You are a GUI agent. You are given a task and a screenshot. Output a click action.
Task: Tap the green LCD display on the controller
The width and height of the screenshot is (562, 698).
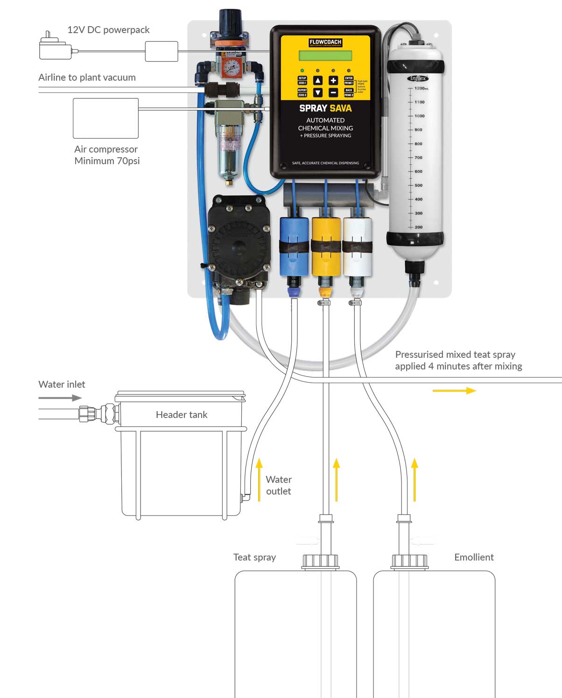pos(325,56)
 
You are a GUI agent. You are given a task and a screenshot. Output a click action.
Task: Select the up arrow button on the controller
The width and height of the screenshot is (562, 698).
pos(317,81)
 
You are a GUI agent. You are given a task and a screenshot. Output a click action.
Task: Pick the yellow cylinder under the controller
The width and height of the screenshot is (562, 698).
pos(326,246)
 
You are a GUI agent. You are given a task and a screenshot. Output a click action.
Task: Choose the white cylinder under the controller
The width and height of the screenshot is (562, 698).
pos(357,246)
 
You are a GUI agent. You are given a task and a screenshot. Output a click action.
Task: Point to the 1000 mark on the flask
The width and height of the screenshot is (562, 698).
pos(419,116)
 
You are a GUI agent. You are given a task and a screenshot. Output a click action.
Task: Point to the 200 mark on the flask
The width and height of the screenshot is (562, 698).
pos(418,227)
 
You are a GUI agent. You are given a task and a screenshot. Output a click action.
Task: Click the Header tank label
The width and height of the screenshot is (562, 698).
pos(182,415)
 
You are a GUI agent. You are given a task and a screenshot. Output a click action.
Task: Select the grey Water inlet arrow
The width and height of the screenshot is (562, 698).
pos(60,398)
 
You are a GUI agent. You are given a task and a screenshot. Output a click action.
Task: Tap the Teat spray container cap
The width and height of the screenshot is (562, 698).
pos(320,561)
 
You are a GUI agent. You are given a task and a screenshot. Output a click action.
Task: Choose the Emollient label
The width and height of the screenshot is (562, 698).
pos(474,557)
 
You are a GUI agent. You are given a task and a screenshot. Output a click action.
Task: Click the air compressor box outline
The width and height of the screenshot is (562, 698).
pos(105,118)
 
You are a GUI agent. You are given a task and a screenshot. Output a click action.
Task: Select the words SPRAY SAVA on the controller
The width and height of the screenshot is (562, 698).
pos(325,108)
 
